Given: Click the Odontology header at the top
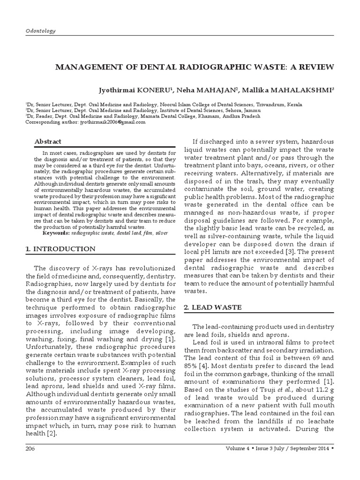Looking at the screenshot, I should [x=40, y=31].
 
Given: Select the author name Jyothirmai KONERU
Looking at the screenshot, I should [x=136, y=89].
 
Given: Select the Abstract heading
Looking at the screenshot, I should [x=48, y=142].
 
